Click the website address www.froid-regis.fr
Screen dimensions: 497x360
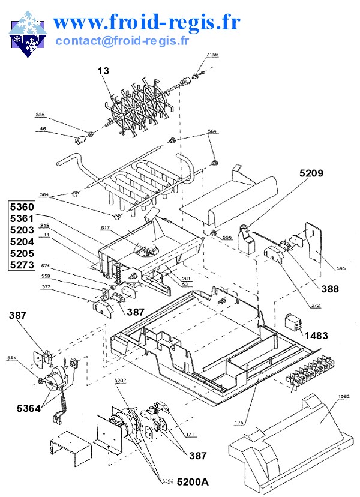[x=147, y=22]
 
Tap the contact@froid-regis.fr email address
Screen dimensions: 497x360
[x=122, y=41]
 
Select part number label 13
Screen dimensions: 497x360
[x=104, y=71]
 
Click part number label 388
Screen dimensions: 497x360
[x=330, y=289]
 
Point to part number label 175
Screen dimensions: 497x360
[x=239, y=423]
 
